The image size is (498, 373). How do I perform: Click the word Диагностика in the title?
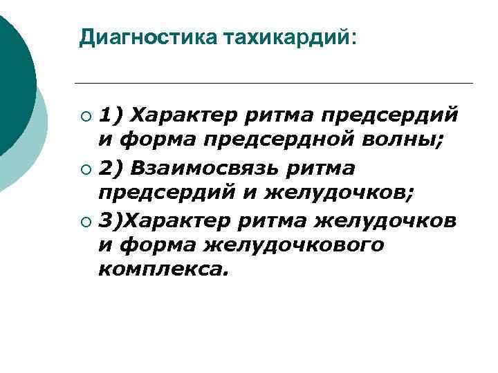coord(148,37)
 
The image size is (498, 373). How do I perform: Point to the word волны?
coord(401,140)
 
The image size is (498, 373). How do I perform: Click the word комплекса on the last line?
coord(163,270)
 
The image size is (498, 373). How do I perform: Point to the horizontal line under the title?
coord(277,84)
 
